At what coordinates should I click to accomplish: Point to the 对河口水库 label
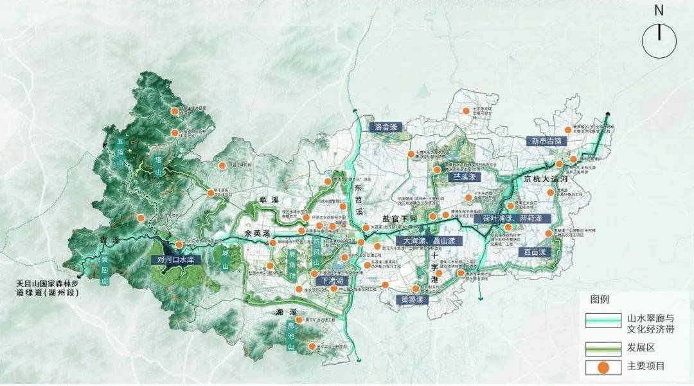(x=175, y=260)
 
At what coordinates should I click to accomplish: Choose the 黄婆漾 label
(x=412, y=300)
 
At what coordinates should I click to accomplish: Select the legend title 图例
(x=598, y=300)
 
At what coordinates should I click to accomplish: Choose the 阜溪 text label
(x=267, y=200)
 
